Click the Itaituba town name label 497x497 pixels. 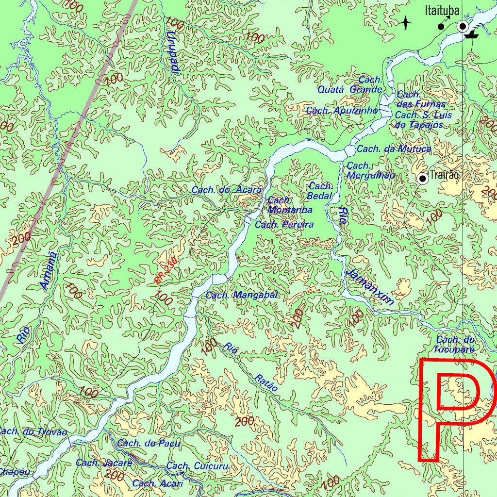[x=442, y=10]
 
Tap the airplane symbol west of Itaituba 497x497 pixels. [x=406, y=23]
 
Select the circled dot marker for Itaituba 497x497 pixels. [x=463, y=26]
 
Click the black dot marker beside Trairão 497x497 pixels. [x=423, y=179]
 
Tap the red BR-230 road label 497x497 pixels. [x=166, y=271]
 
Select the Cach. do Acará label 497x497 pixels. [x=227, y=190]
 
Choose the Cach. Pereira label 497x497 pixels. [x=284, y=225]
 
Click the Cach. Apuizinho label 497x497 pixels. [x=342, y=111]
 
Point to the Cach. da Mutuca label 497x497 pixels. [x=394, y=149]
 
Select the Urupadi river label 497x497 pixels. [x=172, y=53]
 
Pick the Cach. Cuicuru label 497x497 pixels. [x=197, y=466]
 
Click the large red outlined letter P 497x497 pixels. [x=456, y=408]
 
